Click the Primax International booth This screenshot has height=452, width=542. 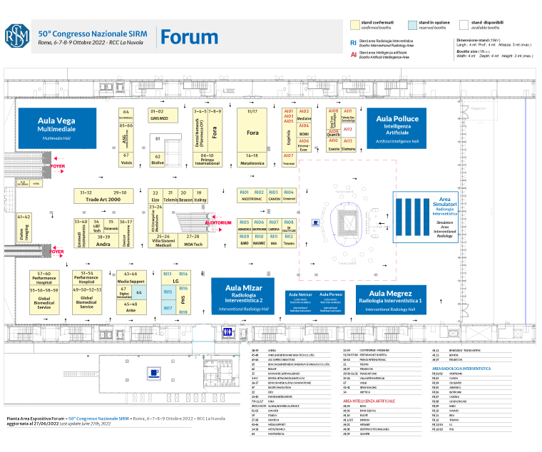(208, 159)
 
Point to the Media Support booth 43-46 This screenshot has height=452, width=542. (131, 277)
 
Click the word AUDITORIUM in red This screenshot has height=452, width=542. (218, 223)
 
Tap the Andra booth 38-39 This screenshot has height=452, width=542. (104, 241)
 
